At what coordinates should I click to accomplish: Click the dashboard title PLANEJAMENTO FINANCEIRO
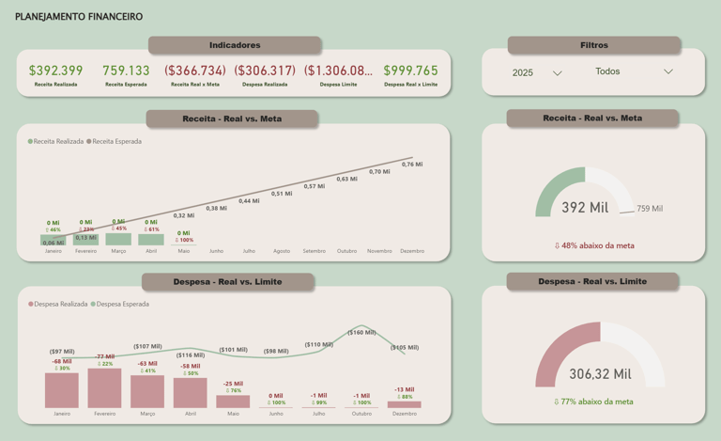(79, 17)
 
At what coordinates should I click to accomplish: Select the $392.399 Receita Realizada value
(55, 71)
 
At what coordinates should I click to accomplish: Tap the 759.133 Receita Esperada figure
(126, 71)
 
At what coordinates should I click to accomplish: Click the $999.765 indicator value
(410, 71)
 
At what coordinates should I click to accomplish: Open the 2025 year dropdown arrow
(557, 73)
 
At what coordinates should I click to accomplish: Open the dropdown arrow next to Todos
(668, 71)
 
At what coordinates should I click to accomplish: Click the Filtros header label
(593, 45)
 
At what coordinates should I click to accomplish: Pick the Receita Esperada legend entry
(115, 142)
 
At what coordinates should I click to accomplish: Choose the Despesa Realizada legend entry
(61, 305)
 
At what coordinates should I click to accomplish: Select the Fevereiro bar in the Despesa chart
(104, 388)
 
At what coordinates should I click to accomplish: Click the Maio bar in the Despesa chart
(233, 402)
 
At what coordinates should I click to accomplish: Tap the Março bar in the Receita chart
(118, 240)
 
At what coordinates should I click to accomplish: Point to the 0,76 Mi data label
(412, 165)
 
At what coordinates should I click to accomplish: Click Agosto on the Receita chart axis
(282, 251)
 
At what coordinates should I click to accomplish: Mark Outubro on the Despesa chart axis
(361, 414)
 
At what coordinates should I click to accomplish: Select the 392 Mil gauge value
(585, 208)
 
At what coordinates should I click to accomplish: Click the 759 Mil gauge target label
(650, 209)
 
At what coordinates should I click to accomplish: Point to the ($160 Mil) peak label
(361, 332)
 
